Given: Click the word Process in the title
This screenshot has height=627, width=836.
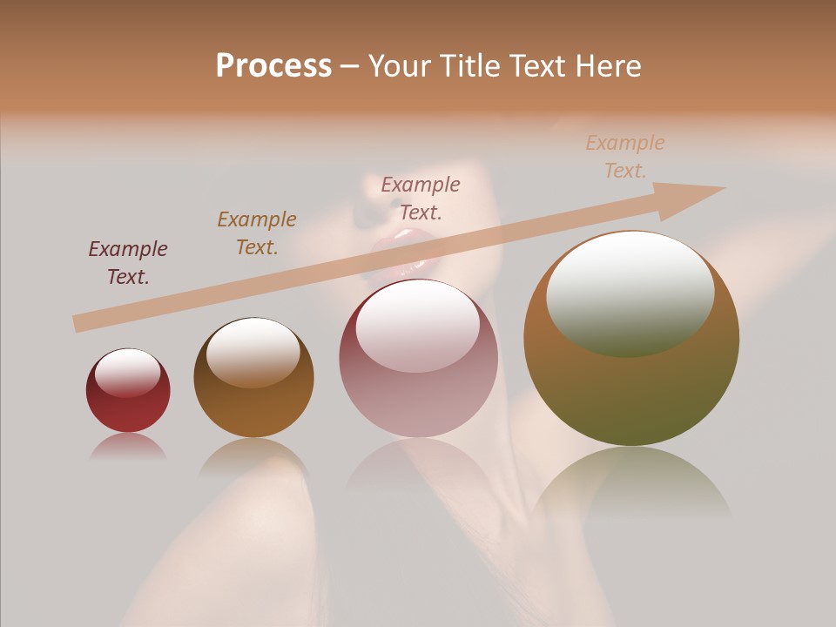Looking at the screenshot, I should pos(273,66).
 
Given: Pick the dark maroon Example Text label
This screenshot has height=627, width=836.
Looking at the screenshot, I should pos(128,262).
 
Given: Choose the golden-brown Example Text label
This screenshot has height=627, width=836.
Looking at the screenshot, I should pos(257,233).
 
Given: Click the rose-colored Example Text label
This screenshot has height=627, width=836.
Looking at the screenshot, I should pos(421,198).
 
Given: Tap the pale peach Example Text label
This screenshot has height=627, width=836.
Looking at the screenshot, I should pos(625,157).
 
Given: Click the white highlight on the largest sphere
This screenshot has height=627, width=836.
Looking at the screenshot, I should pos(630,292).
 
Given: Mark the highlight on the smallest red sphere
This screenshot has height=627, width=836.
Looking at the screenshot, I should pos(128,373).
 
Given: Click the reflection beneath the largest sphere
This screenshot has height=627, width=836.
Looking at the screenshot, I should pos(631,483).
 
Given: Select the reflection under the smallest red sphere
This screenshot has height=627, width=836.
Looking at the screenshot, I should pos(128,447).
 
